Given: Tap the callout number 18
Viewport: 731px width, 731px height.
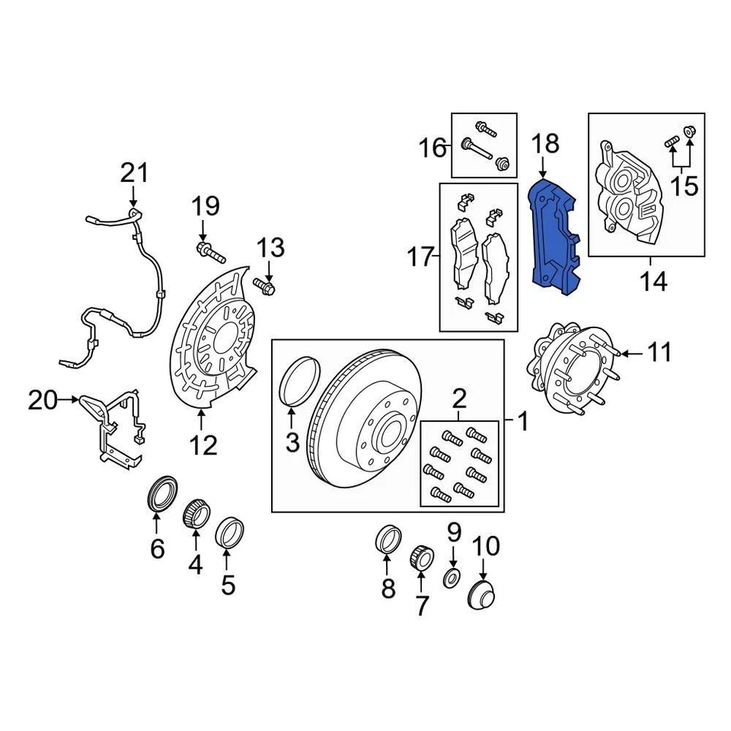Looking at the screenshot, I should (545, 144).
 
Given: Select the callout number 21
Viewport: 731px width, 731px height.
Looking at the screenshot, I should (136, 174).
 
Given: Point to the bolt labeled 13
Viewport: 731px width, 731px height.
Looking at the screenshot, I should (266, 287).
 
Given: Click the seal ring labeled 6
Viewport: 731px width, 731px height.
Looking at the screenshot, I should (161, 493).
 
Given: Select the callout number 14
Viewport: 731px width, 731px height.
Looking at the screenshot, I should (653, 282).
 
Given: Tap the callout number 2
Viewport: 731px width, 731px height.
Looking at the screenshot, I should (459, 397).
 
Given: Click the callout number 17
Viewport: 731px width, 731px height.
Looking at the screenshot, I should (419, 257).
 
